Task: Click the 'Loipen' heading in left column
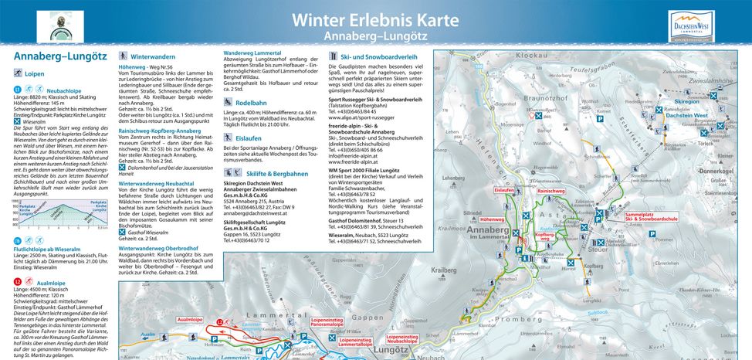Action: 38,74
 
